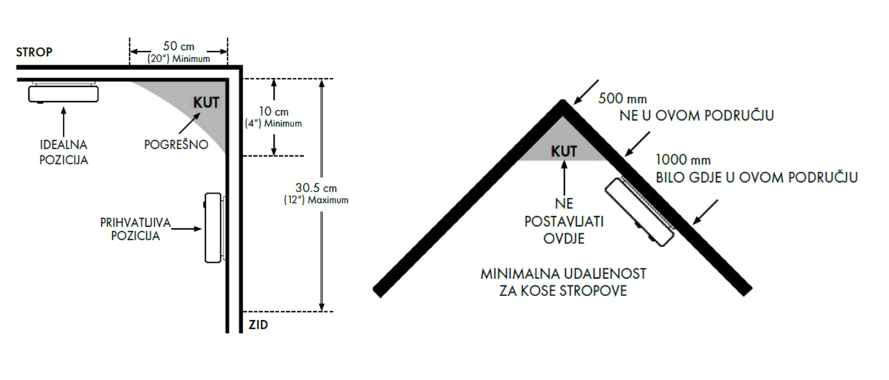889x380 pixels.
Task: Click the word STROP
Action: click(34, 52)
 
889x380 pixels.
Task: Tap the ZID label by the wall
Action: click(258, 325)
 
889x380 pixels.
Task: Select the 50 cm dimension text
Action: click(179, 46)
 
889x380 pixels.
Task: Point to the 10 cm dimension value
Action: click(274, 111)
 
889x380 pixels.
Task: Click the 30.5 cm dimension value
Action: click(316, 188)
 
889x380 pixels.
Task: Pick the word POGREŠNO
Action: click(176, 144)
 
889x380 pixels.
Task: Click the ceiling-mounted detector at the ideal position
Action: click(64, 92)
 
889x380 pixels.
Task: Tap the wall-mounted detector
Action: click(215, 228)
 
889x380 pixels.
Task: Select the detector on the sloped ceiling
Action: click(640, 212)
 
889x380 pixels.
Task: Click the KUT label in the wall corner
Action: click(206, 103)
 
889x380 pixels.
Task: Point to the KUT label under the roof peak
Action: click(564, 151)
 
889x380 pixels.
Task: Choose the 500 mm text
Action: click(622, 98)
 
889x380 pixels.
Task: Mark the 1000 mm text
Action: click(683, 160)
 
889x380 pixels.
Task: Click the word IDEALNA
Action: click(64, 144)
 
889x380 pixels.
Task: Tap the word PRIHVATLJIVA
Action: click(135, 223)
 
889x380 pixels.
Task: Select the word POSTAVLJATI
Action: click(564, 221)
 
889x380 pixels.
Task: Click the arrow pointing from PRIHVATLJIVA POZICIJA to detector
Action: click(186, 229)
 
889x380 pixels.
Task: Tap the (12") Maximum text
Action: click(316, 200)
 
